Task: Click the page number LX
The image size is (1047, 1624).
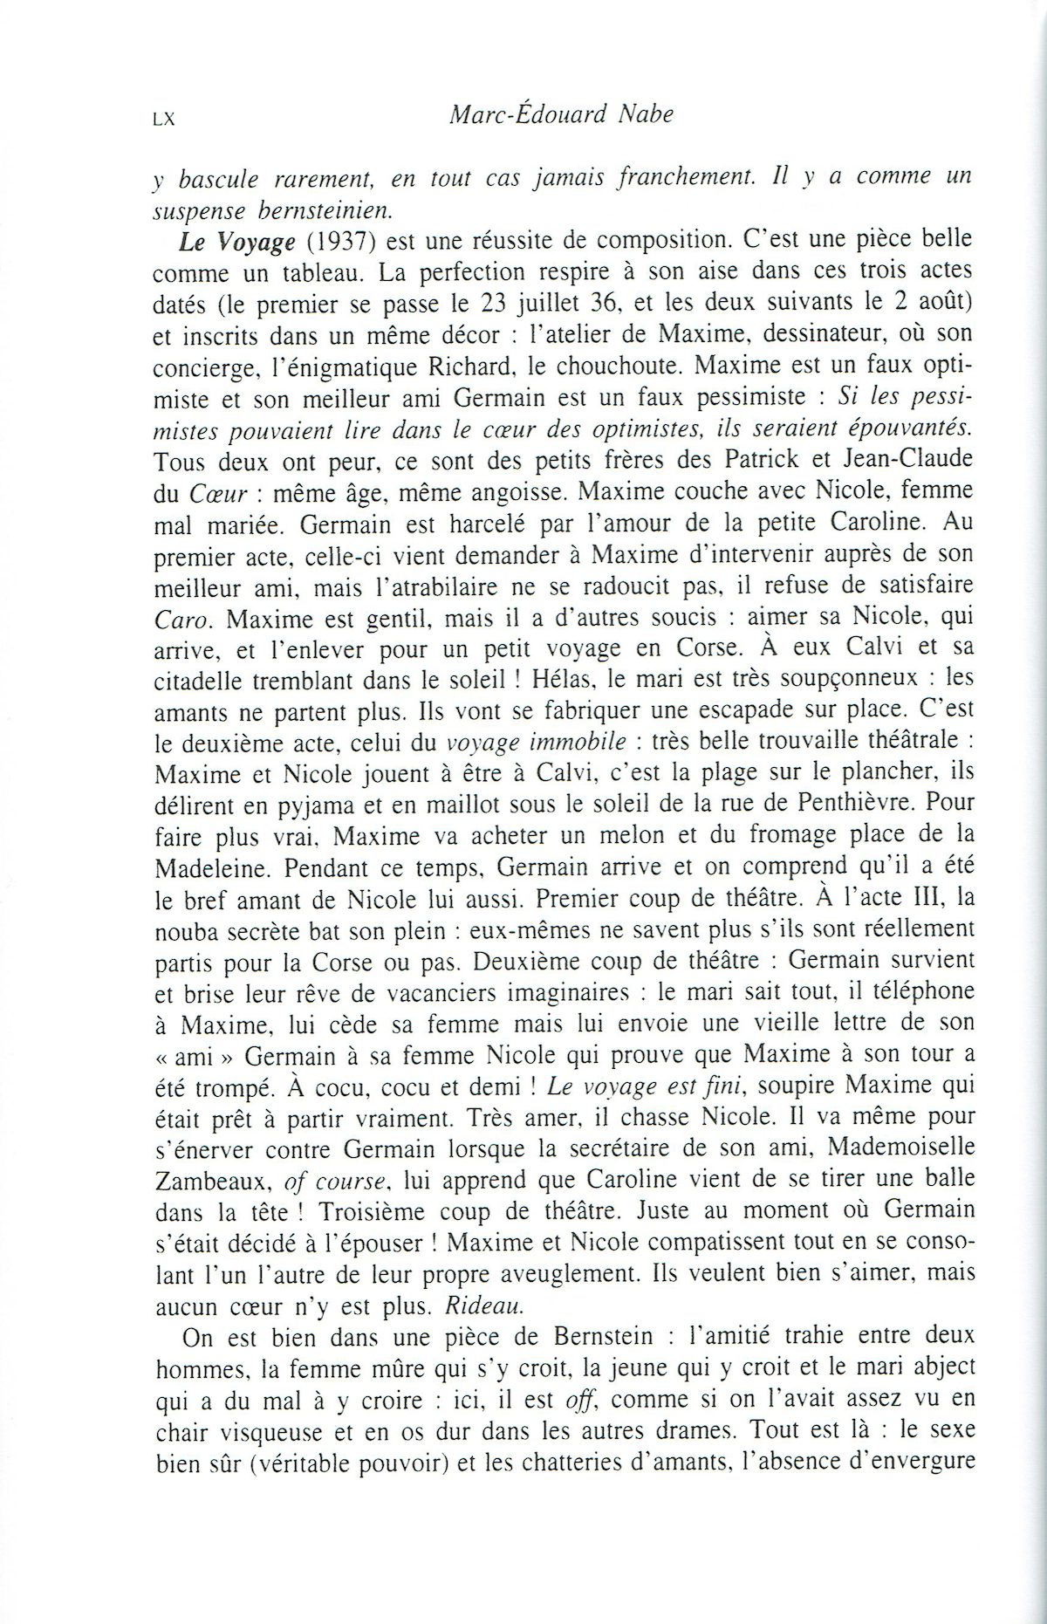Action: (x=163, y=120)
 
